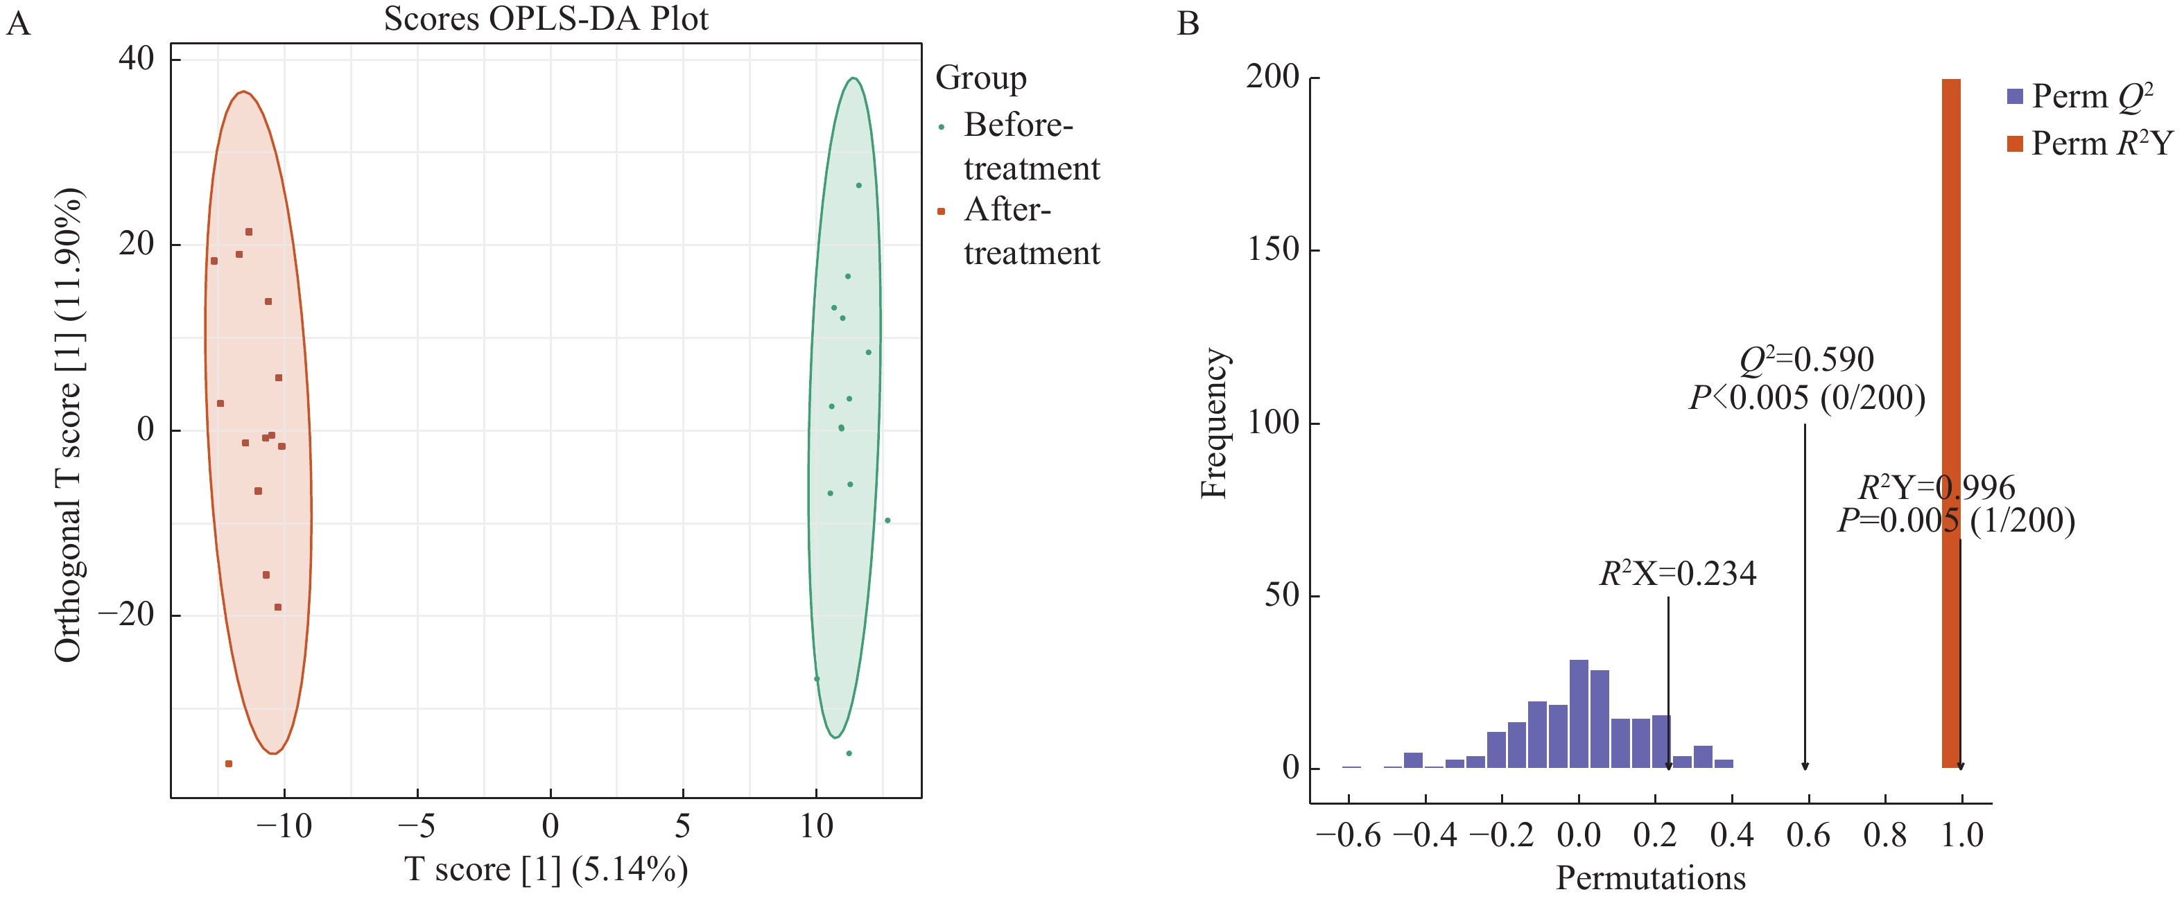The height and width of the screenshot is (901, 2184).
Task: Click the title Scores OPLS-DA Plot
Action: [546, 19]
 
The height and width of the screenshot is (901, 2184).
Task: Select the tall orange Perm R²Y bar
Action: [1951, 423]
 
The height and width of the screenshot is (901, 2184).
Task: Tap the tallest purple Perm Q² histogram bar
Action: [1579, 714]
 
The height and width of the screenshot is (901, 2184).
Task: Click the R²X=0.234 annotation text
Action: [1678, 574]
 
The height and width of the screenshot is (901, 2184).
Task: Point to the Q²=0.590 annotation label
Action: [1807, 360]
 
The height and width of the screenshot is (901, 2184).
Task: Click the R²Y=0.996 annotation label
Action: [1936, 487]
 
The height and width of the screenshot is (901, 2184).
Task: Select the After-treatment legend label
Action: [1031, 231]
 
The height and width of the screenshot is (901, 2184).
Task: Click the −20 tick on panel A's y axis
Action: [126, 615]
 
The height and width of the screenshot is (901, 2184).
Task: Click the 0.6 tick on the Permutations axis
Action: [1808, 836]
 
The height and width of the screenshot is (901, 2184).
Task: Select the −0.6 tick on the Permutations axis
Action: [1348, 836]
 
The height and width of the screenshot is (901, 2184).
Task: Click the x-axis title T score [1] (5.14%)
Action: [546, 870]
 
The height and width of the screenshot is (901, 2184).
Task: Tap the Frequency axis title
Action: [1214, 423]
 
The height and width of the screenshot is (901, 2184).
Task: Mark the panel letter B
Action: [1188, 24]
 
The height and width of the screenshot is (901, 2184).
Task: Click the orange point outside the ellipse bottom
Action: [229, 764]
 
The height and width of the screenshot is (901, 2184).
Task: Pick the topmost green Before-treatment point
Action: [859, 185]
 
